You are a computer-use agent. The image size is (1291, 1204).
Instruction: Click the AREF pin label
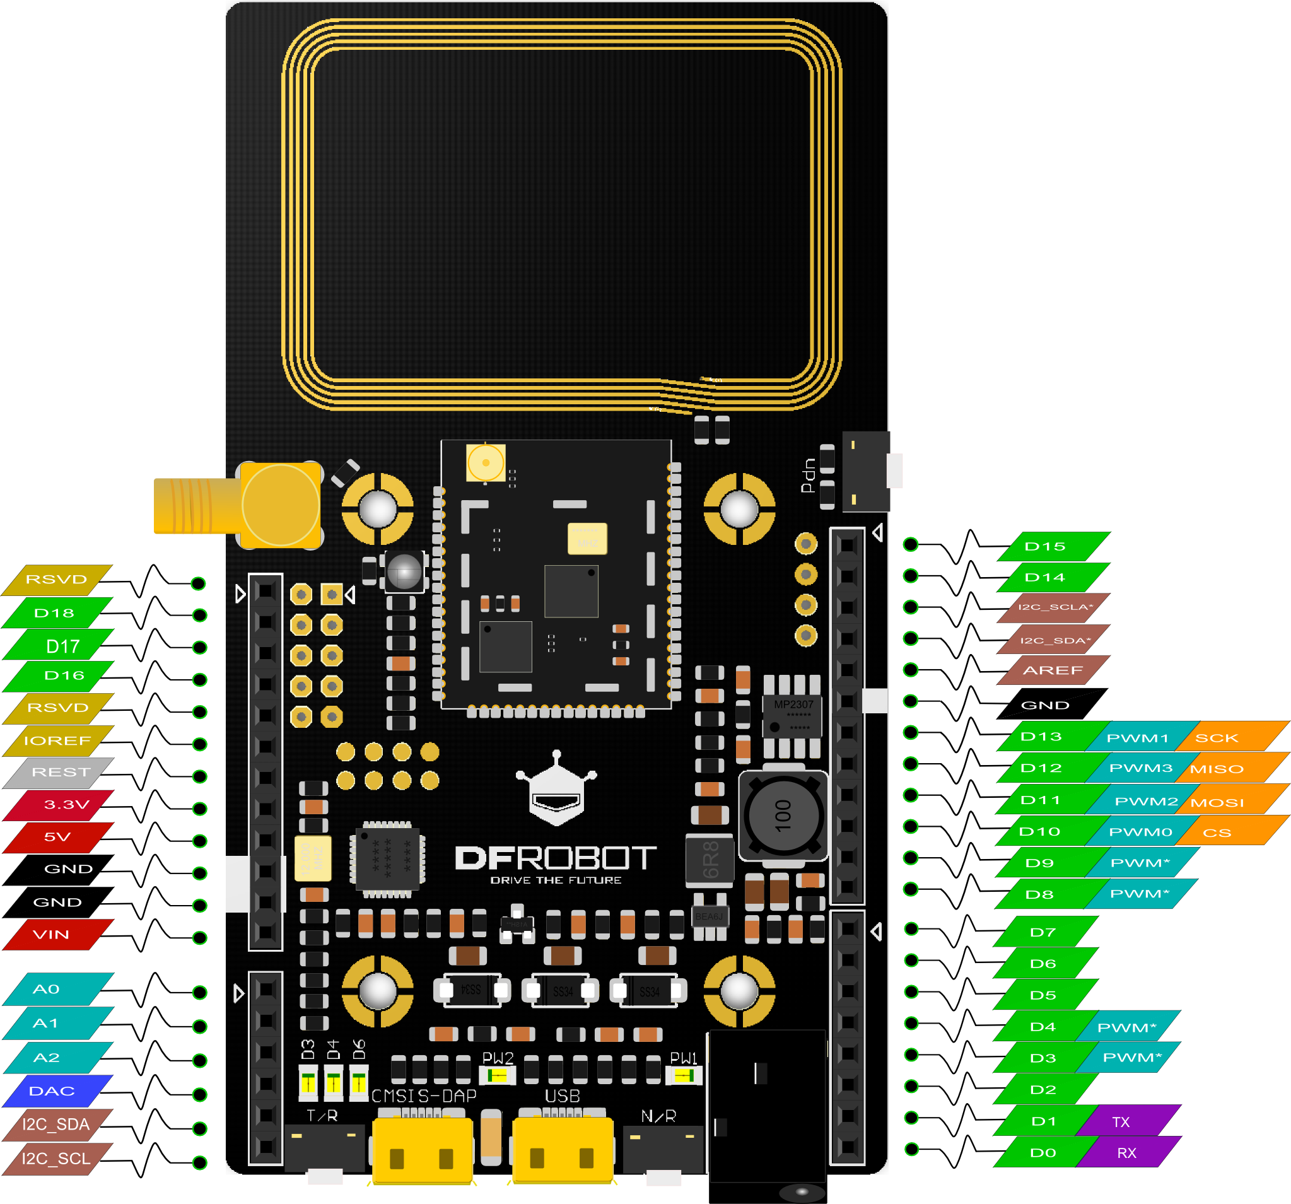click(1053, 670)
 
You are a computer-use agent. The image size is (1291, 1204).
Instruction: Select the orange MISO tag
click(1217, 769)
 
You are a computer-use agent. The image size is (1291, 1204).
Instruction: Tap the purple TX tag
click(1121, 1121)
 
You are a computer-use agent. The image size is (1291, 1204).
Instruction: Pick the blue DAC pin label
click(52, 1091)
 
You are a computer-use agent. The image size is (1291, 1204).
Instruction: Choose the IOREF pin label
click(57, 740)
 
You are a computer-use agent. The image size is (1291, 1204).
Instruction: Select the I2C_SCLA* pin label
click(1054, 607)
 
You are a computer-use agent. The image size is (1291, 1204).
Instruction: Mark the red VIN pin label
click(51, 935)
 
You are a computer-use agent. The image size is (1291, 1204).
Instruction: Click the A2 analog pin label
click(47, 1057)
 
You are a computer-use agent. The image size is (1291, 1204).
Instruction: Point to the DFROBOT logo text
click(555, 858)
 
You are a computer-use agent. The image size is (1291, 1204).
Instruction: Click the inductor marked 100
click(783, 815)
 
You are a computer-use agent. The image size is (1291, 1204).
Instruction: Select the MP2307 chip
click(792, 716)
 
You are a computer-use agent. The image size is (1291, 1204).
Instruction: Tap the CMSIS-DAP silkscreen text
click(423, 1096)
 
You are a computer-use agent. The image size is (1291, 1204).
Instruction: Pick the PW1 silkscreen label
click(683, 1058)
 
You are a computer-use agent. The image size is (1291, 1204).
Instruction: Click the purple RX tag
click(1126, 1153)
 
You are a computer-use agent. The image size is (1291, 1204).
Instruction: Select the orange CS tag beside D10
click(1217, 833)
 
